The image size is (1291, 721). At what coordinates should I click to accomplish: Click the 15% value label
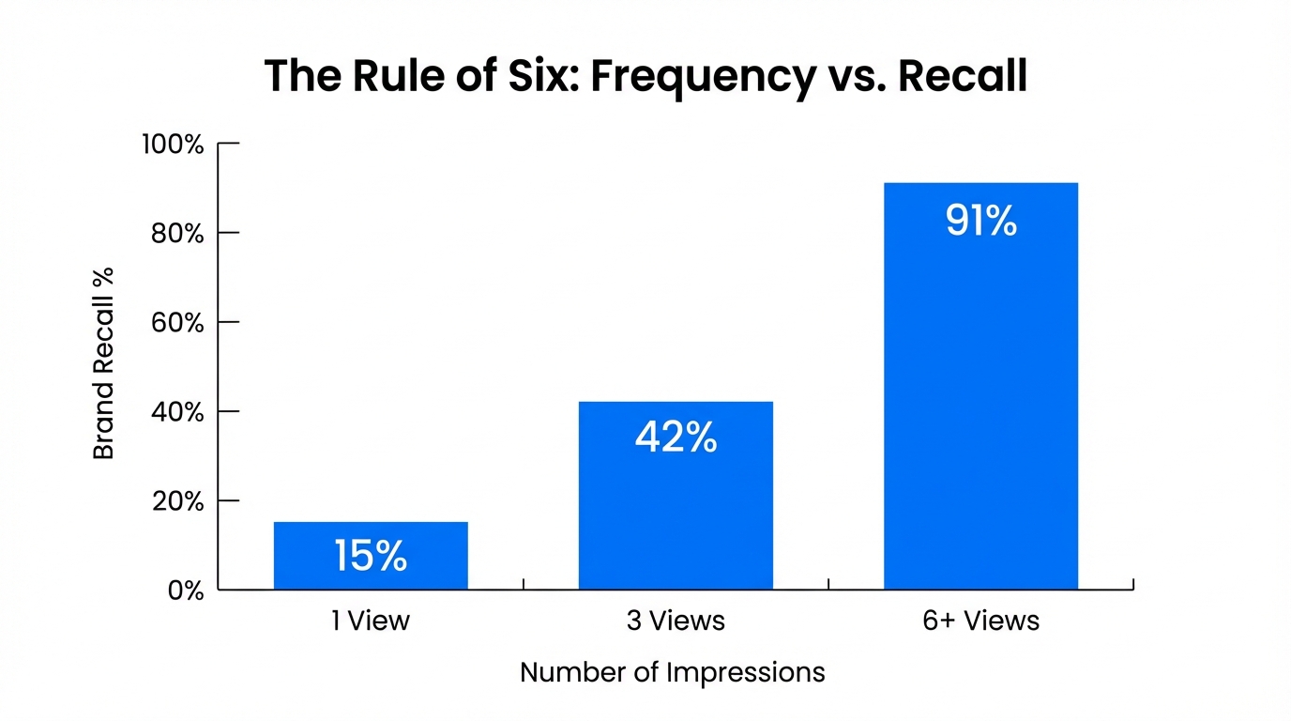(x=371, y=556)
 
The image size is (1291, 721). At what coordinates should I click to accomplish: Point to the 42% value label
(x=676, y=437)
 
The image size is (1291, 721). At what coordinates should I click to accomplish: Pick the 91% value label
(x=980, y=221)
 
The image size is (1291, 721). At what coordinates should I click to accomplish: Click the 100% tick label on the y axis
(x=173, y=145)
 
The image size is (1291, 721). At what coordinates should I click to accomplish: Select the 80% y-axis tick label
(x=177, y=234)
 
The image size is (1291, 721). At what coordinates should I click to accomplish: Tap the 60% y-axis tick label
(x=177, y=323)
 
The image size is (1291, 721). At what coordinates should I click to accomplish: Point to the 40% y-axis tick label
(x=177, y=412)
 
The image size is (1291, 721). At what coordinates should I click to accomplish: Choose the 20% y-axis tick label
(x=177, y=501)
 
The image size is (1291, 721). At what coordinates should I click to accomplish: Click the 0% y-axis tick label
(x=186, y=591)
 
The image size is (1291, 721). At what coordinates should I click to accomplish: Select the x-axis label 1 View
(x=371, y=621)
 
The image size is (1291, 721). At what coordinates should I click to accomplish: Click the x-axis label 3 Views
(x=676, y=621)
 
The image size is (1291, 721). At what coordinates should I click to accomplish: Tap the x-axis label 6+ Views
(x=980, y=621)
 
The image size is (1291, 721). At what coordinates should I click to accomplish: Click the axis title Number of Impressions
(x=672, y=672)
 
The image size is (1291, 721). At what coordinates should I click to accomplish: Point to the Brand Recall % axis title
(x=103, y=363)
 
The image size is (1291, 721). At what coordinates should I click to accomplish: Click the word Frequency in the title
(x=703, y=77)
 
